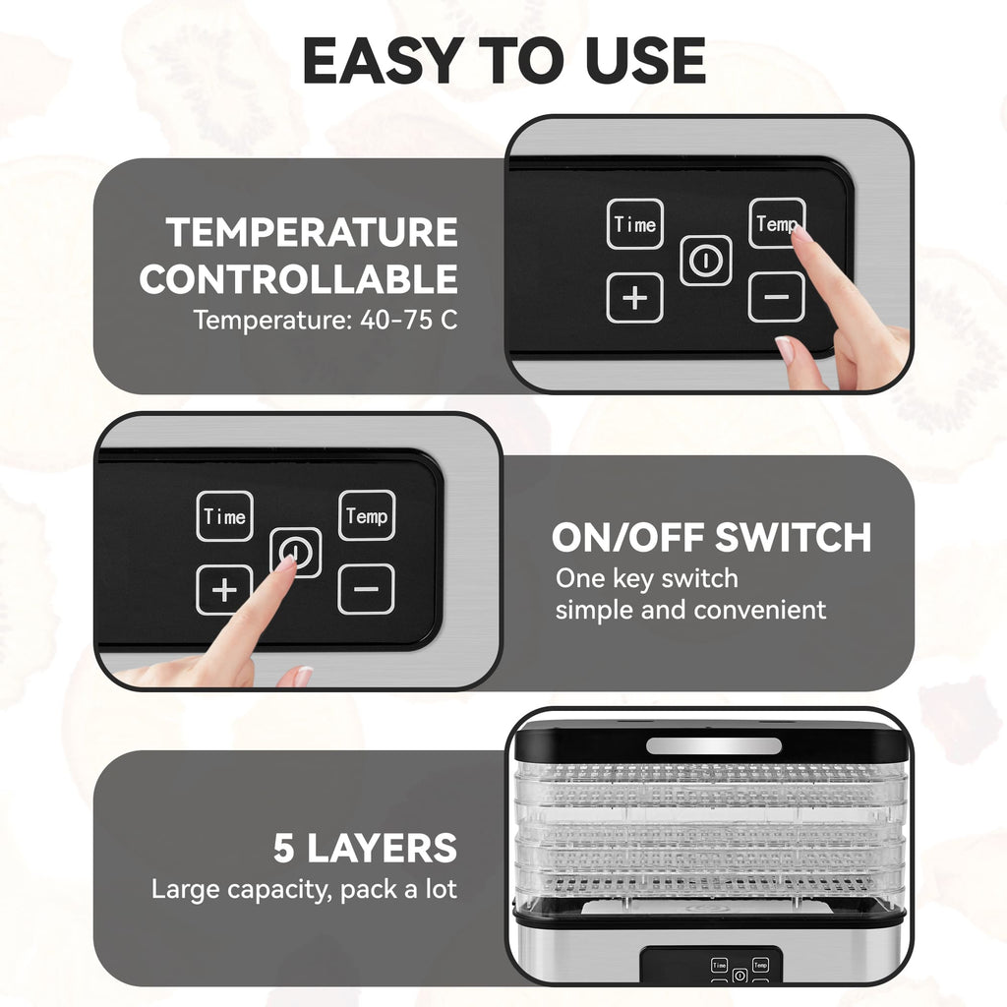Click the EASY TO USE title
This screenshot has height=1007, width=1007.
[503, 61]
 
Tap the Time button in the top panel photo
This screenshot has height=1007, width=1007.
[634, 224]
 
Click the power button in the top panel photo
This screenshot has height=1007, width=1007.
[705, 261]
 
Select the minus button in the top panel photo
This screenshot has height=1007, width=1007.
[776, 297]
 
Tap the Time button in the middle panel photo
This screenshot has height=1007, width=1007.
[224, 516]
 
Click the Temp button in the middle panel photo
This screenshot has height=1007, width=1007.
[367, 515]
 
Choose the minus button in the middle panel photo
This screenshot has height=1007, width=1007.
[366, 589]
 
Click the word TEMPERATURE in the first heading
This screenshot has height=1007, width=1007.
[312, 233]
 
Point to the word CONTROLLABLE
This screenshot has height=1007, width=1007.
[299, 279]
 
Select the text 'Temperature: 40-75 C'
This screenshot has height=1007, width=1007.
[325, 321]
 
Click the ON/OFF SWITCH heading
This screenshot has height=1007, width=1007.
[711, 538]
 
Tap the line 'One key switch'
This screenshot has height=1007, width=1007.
[646, 578]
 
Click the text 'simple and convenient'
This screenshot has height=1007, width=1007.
[690, 610]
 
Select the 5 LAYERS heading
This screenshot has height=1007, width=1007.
[365, 848]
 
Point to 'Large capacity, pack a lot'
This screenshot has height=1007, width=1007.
[304, 890]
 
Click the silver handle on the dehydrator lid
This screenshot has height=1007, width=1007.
[713, 745]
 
